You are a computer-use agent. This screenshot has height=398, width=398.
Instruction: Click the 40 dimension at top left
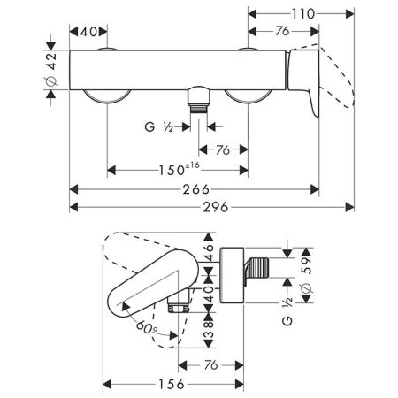click(x=88, y=33)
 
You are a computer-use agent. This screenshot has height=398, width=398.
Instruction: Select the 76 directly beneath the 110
click(x=281, y=33)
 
